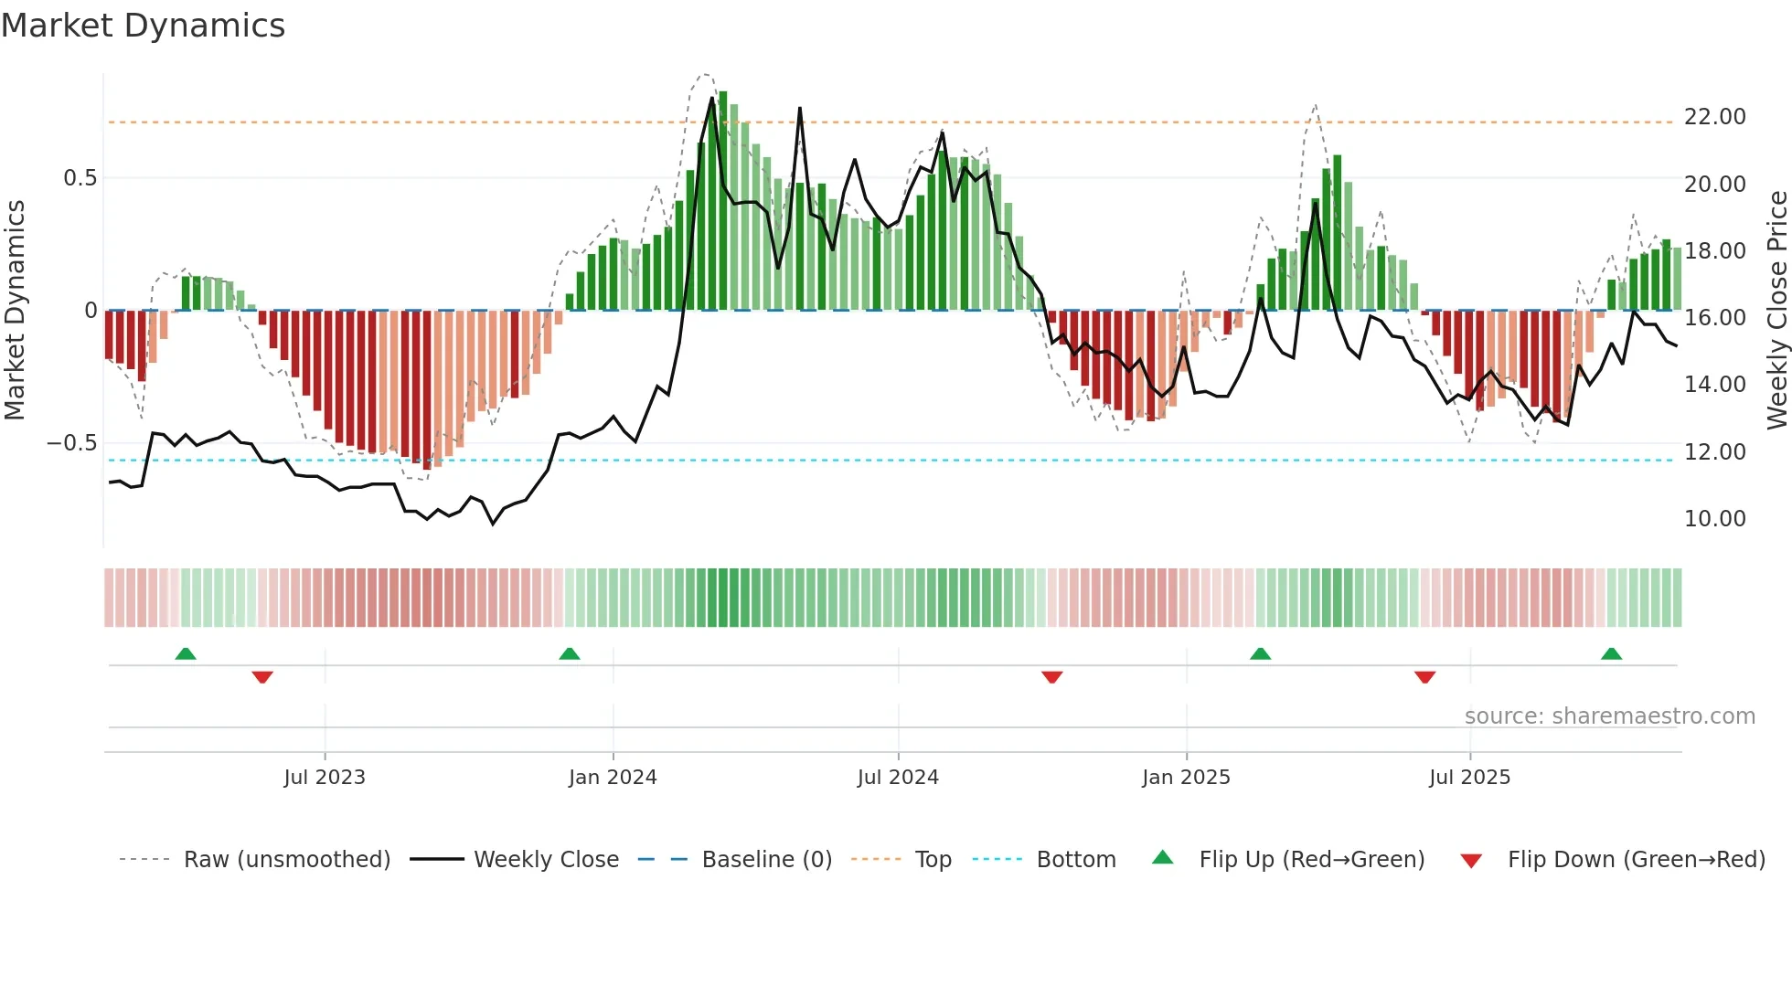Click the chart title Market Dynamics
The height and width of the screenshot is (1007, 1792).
(143, 26)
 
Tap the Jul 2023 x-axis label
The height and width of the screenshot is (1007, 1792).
(325, 778)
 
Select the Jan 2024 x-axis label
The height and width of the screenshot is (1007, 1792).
(613, 778)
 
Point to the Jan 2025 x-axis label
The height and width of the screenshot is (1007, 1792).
(1186, 778)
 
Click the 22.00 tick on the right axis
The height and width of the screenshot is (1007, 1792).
(1714, 117)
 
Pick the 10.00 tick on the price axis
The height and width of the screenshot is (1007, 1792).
(1714, 519)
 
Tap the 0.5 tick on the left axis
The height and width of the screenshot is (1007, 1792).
(80, 178)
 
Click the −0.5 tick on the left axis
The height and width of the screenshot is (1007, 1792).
(73, 443)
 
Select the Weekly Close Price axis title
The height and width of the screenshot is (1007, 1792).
(1776, 310)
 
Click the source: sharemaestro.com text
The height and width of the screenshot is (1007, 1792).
(1609, 716)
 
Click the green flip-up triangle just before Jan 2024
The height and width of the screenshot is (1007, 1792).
(570, 654)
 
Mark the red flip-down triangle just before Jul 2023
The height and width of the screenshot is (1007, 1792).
(262, 677)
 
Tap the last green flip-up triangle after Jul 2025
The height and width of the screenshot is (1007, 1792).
(1611, 654)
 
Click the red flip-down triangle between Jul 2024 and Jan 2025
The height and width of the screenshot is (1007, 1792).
(1051, 677)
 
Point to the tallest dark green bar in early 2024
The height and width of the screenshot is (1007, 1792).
(723, 201)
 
